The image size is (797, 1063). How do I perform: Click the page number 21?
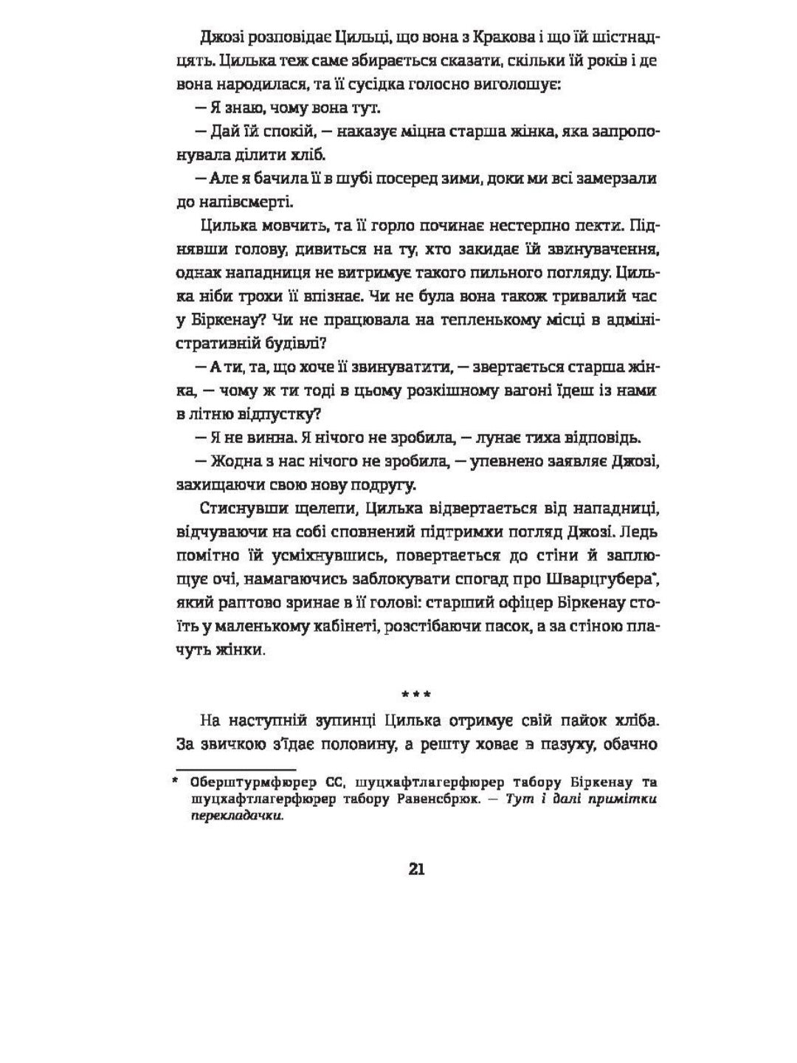click(x=416, y=869)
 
